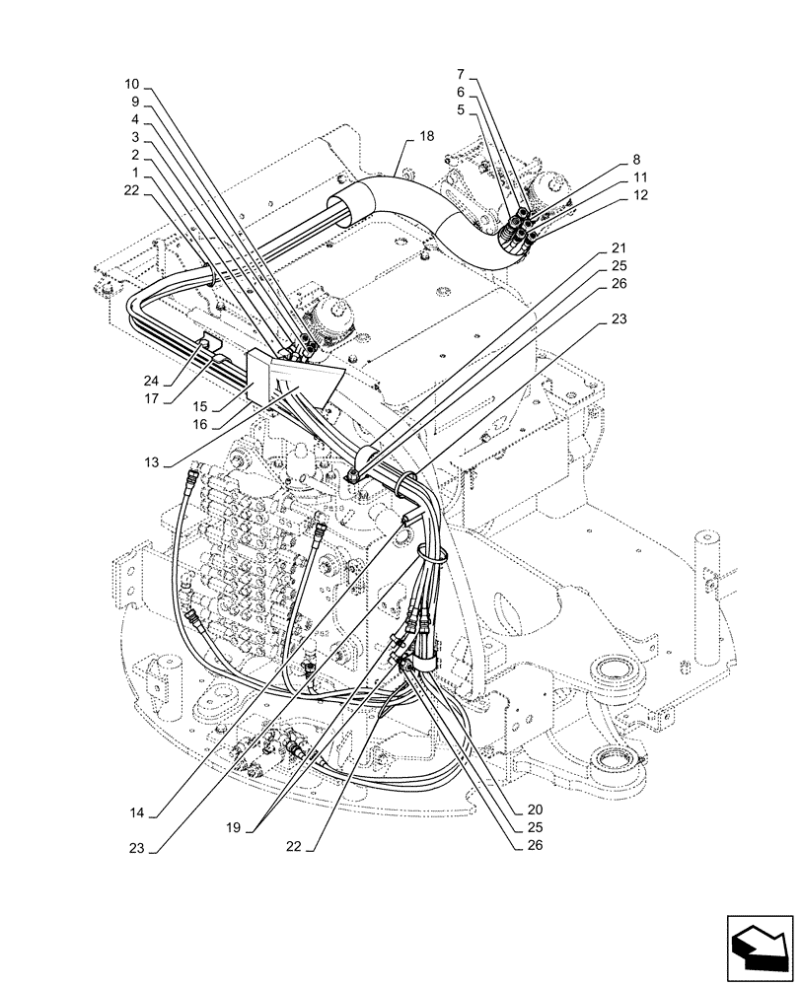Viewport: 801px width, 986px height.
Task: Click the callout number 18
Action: [x=425, y=138]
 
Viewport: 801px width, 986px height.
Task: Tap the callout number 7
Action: [x=462, y=73]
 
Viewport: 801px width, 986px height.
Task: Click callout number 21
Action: [x=618, y=247]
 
